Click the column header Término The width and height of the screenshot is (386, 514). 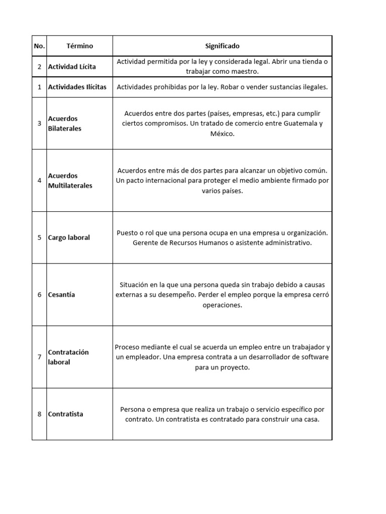click(x=79, y=46)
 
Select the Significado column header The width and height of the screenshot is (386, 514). click(x=222, y=46)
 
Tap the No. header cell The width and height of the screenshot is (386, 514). click(x=39, y=46)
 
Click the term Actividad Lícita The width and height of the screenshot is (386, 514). click(x=72, y=66)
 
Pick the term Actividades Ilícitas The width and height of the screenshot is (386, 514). click(x=77, y=87)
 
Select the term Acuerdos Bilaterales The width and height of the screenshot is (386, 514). click(x=64, y=123)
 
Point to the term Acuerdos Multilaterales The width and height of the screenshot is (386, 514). click(x=70, y=181)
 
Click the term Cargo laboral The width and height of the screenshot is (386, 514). click(x=69, y=237)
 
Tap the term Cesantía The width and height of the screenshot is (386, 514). click(x=61, y=295)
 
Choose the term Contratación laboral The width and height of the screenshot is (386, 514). click(x=68, y=357)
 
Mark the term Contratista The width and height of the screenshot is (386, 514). click(x=66, y=414)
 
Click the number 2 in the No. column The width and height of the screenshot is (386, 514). click(x=39, y=66)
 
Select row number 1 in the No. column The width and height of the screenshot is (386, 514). click(x=39, y=87)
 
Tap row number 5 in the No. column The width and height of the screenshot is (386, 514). click(x=39, y=237)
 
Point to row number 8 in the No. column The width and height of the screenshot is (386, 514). click(x=39, y=414)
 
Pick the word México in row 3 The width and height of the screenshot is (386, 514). click(x=222, y=134)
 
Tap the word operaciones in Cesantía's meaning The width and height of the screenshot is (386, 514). click(x=222, y=305)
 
